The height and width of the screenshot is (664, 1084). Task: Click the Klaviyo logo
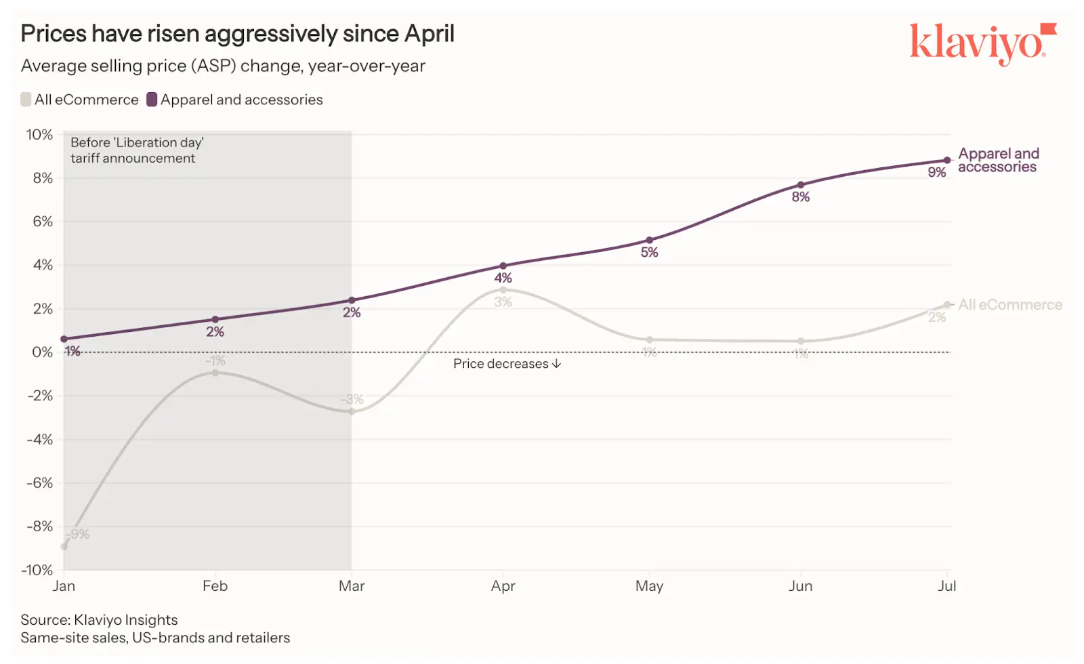tap(982, 43)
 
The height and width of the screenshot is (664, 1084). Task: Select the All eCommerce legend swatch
tap(26, 100)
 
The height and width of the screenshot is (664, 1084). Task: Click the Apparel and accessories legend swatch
tap(152, 100)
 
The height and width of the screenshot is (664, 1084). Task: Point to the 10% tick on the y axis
tap(39, 135)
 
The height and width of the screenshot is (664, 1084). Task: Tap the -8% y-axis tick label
tap(39, 526)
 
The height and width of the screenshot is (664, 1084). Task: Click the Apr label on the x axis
tap(503, 586)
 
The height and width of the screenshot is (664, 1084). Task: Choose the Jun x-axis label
tap(800, 586)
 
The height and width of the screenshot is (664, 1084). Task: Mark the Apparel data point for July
tap(946, 161)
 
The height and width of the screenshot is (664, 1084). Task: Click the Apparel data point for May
tap(649, 240)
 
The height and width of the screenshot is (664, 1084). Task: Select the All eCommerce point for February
tap(215, 373)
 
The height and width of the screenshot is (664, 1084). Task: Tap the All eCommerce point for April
tap(503, 290)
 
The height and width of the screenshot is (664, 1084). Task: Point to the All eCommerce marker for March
tap(352, 411)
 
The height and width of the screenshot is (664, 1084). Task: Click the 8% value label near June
tap(800, 197)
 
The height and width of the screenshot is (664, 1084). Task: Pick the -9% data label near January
tap(79, 534)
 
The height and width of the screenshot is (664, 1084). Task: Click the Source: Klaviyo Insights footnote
tap(99, 620)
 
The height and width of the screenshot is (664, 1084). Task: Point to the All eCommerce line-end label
tap(1009, 305)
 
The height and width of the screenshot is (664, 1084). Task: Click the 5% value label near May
tap(649, 253)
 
